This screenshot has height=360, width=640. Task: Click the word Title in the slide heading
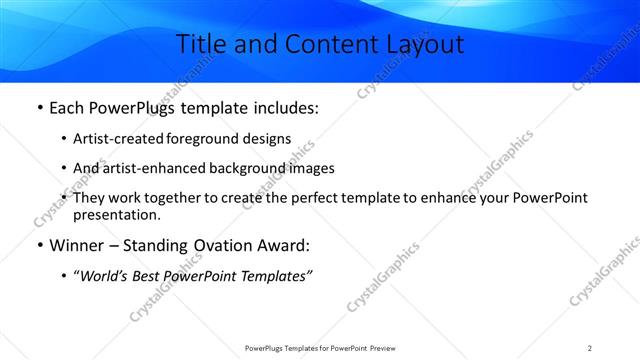199,45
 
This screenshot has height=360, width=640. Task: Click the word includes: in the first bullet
283,108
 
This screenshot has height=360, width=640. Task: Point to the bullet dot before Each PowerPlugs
39,108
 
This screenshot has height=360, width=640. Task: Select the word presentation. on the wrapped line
116,214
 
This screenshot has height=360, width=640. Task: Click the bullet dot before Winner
39,245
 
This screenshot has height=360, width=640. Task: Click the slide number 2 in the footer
590,348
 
